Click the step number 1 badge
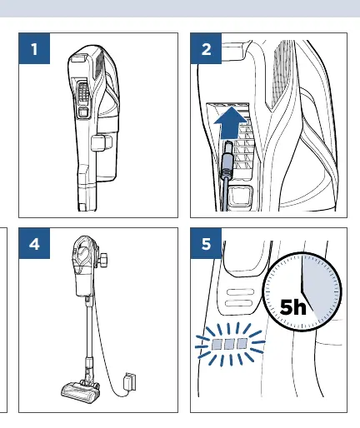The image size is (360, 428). coord(34,48)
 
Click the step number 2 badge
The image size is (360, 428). coord(206,48)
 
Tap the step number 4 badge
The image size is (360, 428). coord(34,244)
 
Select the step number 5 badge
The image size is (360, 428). coord(206,244)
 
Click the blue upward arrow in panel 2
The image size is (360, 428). coord(231,123)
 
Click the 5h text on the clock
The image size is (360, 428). coord(292,307)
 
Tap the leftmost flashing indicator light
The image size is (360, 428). coord(217,345)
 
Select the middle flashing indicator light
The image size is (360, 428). coord(229,344)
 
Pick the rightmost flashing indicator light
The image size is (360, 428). coord(242,344)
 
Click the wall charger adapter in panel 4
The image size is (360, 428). coord(130,382)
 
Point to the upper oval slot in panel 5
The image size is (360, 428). coord(240,291)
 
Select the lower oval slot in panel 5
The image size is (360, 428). coord(239,303)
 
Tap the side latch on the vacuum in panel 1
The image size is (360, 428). coord(102,143)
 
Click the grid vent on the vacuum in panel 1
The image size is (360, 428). coord(83,92)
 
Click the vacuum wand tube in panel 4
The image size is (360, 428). coord(89,327)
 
